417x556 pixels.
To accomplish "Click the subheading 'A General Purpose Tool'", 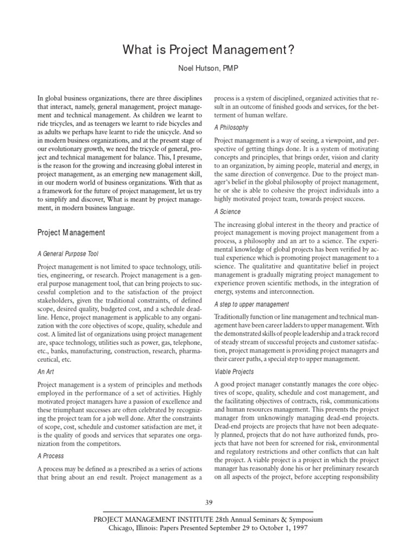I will (x=68, y=254).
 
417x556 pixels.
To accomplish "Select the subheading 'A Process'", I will (x=50, y=456).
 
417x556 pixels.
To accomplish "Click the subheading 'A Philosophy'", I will (x=231, y=128).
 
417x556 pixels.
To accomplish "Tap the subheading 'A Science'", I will (x=228, y=212).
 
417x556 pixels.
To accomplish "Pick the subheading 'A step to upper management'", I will (x=251, y=304).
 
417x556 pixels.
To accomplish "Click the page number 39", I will (x=208, y=501).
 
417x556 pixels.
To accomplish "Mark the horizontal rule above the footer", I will (x=208, y=511).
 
